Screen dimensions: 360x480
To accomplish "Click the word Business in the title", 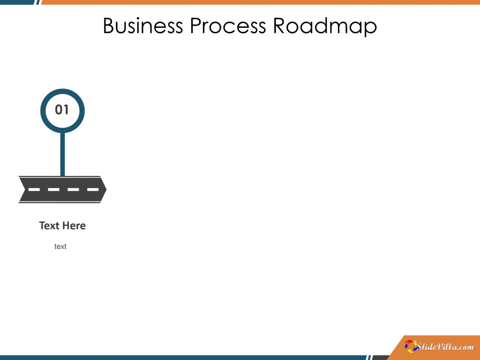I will point(143,26).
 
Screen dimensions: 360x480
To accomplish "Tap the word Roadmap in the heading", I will point(325,26).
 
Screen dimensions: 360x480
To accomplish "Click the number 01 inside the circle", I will point(62,110).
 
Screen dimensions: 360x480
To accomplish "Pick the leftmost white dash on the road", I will point(34,189).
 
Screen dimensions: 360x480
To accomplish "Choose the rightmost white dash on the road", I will point(93,189).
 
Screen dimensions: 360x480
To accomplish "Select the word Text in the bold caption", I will point(49,225).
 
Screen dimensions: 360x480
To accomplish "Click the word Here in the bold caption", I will point(74,225).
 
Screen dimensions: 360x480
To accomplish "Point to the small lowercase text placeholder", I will point(60,247).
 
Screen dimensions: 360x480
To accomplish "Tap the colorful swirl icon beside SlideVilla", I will point(411,346).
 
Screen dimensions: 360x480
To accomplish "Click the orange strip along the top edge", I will point(261,2).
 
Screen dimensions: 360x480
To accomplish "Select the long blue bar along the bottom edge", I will point(180,358).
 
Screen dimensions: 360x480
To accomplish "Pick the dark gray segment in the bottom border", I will point(379,358).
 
